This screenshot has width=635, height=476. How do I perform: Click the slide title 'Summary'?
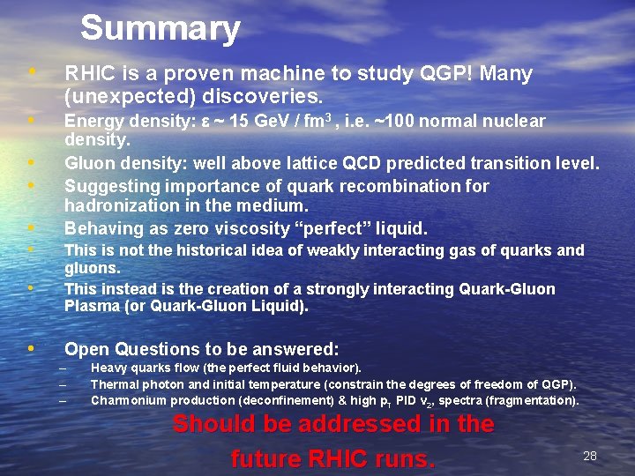click(160, 28)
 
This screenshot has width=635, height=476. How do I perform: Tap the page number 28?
click(590, 456)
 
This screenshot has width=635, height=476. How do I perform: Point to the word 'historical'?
click(219, 250)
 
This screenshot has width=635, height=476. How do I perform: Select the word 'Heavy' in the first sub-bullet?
click(109, 368)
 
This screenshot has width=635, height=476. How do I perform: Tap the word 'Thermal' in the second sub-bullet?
click(116, 384)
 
